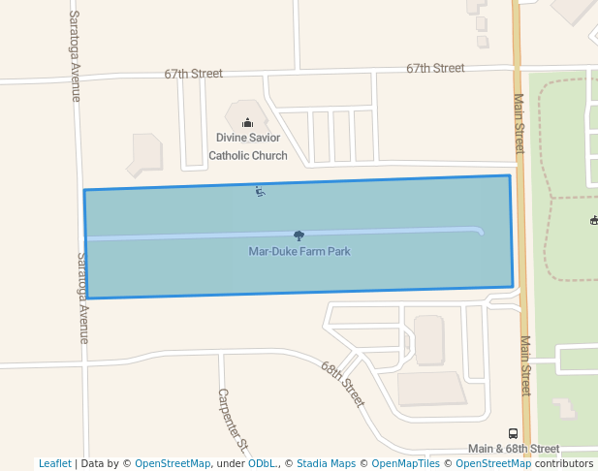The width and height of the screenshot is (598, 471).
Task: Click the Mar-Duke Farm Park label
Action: click(299, 252)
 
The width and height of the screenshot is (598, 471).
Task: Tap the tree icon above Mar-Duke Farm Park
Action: click(299, 235)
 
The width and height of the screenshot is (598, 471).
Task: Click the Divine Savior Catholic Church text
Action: click(248, 146)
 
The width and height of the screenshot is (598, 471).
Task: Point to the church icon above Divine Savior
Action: click(247, 122)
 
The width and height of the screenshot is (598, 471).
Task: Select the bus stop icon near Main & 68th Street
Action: click(513, 433)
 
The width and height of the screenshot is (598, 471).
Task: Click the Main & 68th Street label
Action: click(513, 449)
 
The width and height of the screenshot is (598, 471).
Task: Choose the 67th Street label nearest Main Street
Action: click(435, 68)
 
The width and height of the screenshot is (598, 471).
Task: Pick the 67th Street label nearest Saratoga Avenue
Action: click(193, 74)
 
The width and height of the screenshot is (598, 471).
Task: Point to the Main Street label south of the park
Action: click(525, 365)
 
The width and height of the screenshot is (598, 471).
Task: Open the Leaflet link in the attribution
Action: click(54, 463)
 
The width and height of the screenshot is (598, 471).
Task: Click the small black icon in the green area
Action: click(593, 220)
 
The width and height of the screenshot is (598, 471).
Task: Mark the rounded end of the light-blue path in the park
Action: click(480, 231)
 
